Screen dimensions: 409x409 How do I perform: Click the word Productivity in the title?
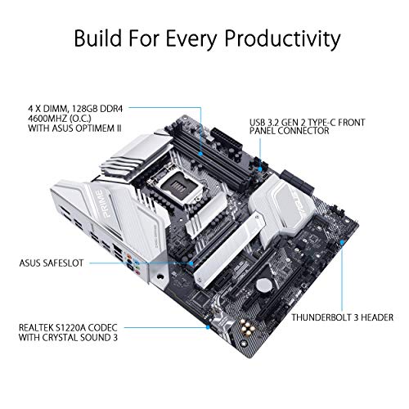point(282,38)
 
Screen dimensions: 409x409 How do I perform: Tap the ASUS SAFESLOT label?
point(52,263)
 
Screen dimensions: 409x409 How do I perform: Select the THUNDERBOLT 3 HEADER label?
point(343,317)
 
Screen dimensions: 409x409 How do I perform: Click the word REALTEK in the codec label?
point(36,327)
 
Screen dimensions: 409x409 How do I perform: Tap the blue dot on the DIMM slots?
point(200,154)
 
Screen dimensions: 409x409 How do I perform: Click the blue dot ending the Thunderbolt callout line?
point(342,242)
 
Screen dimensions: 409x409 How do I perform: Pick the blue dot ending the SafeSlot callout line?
point(191,263)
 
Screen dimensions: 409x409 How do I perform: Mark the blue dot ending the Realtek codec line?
point(208,327)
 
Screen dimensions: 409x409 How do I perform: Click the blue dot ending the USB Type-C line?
point(260,169)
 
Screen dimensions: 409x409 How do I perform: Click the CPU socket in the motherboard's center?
point(174,186)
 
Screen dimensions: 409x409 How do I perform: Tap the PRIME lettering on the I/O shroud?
point(101,204)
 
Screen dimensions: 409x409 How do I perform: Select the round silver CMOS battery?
point(263,285)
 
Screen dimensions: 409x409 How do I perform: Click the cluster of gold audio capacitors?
point(246,328)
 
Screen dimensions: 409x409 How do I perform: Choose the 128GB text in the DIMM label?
point(85,109)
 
